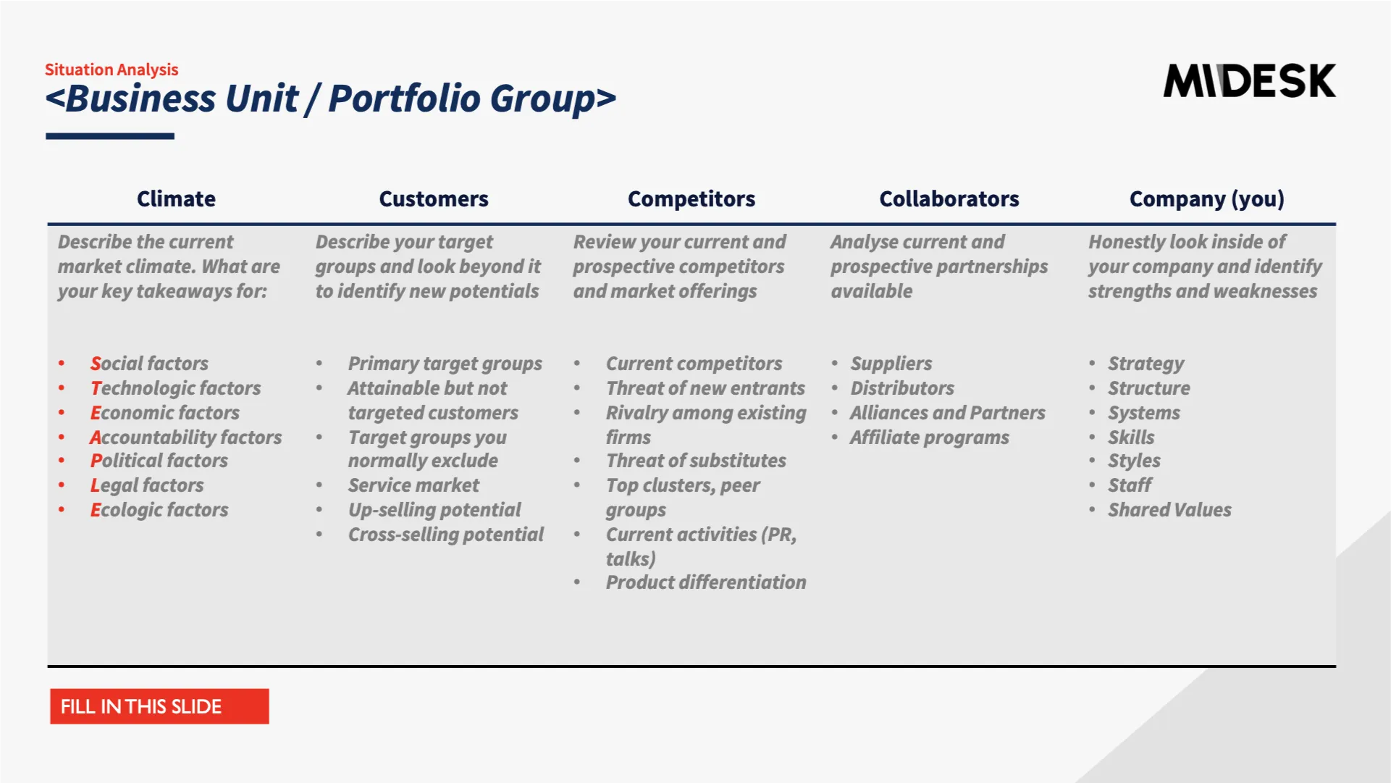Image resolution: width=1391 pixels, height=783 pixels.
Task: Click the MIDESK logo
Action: [1249, 80]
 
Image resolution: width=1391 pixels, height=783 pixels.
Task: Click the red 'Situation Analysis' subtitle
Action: [112, 70]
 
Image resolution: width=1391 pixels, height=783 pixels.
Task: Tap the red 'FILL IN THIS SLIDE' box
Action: [159, 706]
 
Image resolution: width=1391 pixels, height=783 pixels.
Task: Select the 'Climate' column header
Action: [176, 198]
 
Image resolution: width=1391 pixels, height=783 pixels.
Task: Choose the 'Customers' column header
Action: [434, 198]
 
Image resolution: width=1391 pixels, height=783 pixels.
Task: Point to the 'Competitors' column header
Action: [692, 198]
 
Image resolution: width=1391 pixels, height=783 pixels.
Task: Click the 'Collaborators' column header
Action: [949, 198]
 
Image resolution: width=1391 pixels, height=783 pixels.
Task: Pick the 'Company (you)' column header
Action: [1207, 199]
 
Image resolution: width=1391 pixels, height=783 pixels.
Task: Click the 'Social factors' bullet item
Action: [149, 363]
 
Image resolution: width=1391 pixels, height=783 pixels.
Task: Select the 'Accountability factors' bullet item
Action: [186, 437]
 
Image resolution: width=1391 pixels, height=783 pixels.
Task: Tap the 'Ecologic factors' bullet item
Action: [159, 510]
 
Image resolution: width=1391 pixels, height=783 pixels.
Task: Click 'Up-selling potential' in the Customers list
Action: [434, 510]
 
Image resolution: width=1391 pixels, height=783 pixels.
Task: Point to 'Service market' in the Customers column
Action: [413, 485]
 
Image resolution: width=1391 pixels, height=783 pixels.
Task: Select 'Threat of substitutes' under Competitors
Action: [696, 461]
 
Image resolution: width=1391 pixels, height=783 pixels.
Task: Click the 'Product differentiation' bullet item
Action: [706, 582]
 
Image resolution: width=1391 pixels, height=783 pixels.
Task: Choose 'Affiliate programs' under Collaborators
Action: [930, 437]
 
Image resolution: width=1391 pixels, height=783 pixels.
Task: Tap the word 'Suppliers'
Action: [891, 364]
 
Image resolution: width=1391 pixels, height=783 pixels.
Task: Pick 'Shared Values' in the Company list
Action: [1169, 510]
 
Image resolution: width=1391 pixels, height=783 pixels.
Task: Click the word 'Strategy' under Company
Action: [1146, 364]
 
